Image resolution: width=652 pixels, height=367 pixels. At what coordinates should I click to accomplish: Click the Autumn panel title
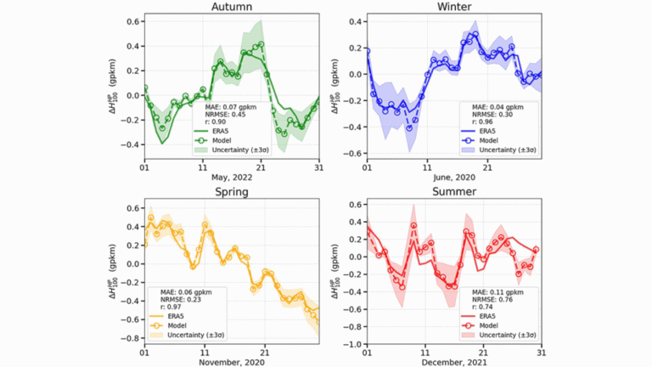(x=232, y=7)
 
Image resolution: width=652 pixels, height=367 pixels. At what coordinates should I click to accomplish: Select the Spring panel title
(x=232, y=192)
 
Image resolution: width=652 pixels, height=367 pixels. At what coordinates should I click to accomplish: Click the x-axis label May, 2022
(x=232, y=176)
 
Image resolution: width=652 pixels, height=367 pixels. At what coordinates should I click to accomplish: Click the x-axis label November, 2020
(x=232, y=361)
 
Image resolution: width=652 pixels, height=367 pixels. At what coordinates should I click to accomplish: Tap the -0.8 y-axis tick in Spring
(x=131, y=338)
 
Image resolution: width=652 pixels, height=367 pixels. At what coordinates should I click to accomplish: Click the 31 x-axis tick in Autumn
(x=318, y=166)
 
